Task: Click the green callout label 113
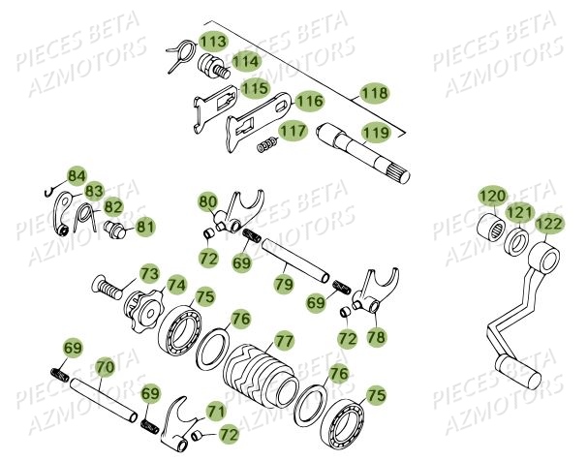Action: (212, 41)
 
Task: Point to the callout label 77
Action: (283, 340)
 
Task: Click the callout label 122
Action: (548, 224)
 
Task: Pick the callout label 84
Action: (77, 175)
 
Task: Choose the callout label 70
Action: (104, 368)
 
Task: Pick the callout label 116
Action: (309, 100)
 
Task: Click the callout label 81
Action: (144, 227)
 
